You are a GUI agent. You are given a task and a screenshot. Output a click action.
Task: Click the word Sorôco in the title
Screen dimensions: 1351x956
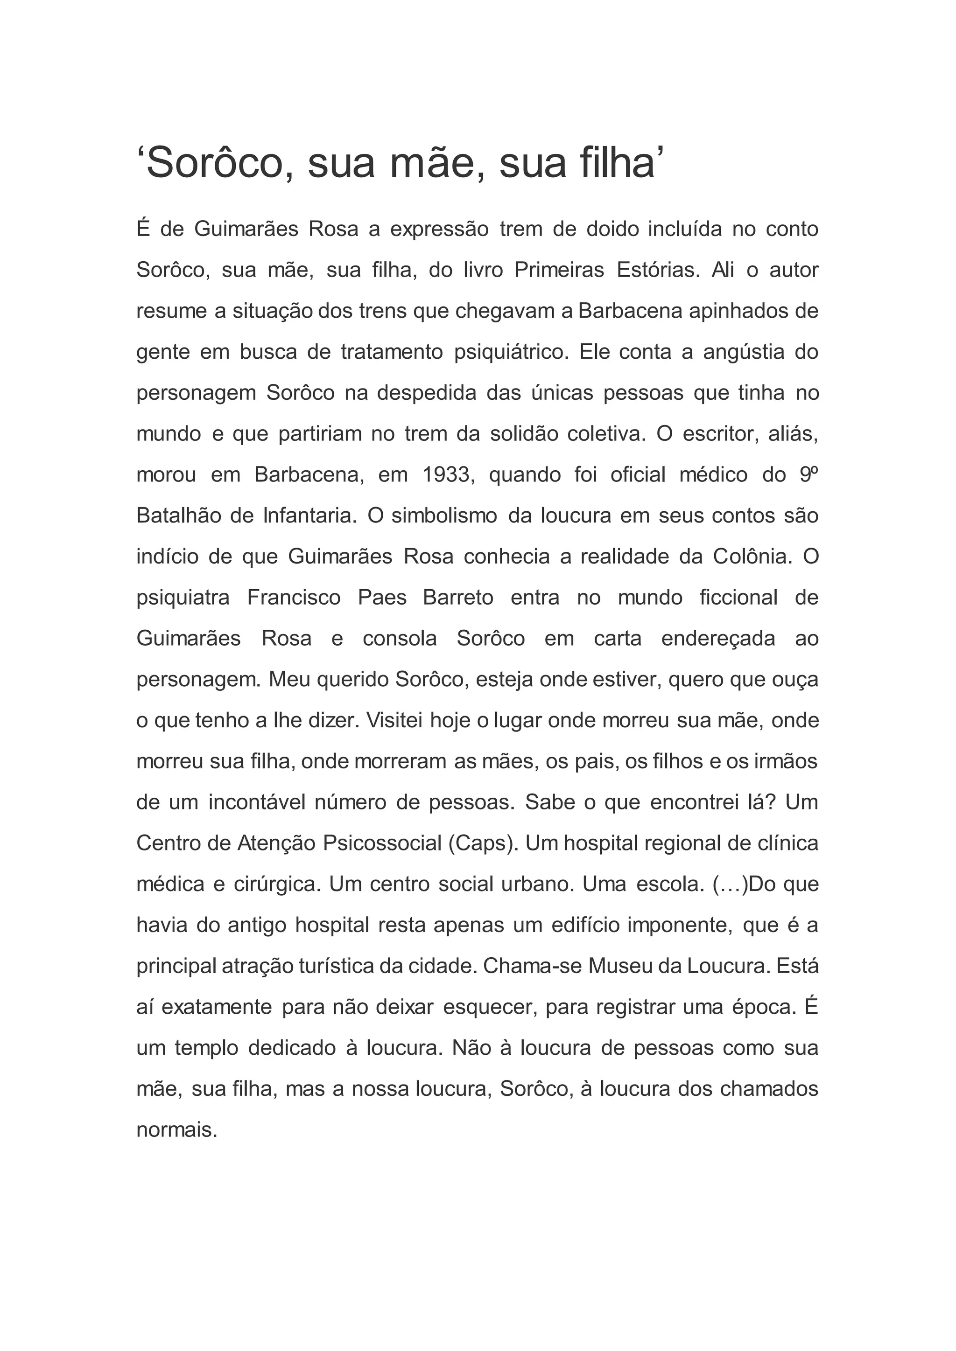click(x=221, y=163)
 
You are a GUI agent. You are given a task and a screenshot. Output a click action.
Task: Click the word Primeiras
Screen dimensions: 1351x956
click(x=559, y=270)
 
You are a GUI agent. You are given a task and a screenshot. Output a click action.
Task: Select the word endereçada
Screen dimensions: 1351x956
click(x=718, y=639)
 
